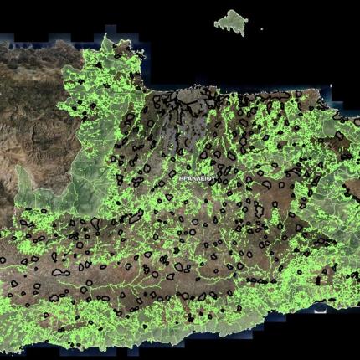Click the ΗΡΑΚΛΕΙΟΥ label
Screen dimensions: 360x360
pos(198,178)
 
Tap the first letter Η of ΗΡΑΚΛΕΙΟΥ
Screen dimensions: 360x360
pos(181,178)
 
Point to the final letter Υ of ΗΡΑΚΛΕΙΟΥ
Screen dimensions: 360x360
pos(214,178)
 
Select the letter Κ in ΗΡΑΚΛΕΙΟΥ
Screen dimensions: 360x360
pos(193,178)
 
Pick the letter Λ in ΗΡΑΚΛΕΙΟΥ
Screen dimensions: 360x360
pos(198,178)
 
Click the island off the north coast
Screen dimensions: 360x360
pos(230,22)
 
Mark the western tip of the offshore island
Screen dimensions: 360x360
pos(216,23)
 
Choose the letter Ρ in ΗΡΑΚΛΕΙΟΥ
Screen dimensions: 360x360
pos(185,178)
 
